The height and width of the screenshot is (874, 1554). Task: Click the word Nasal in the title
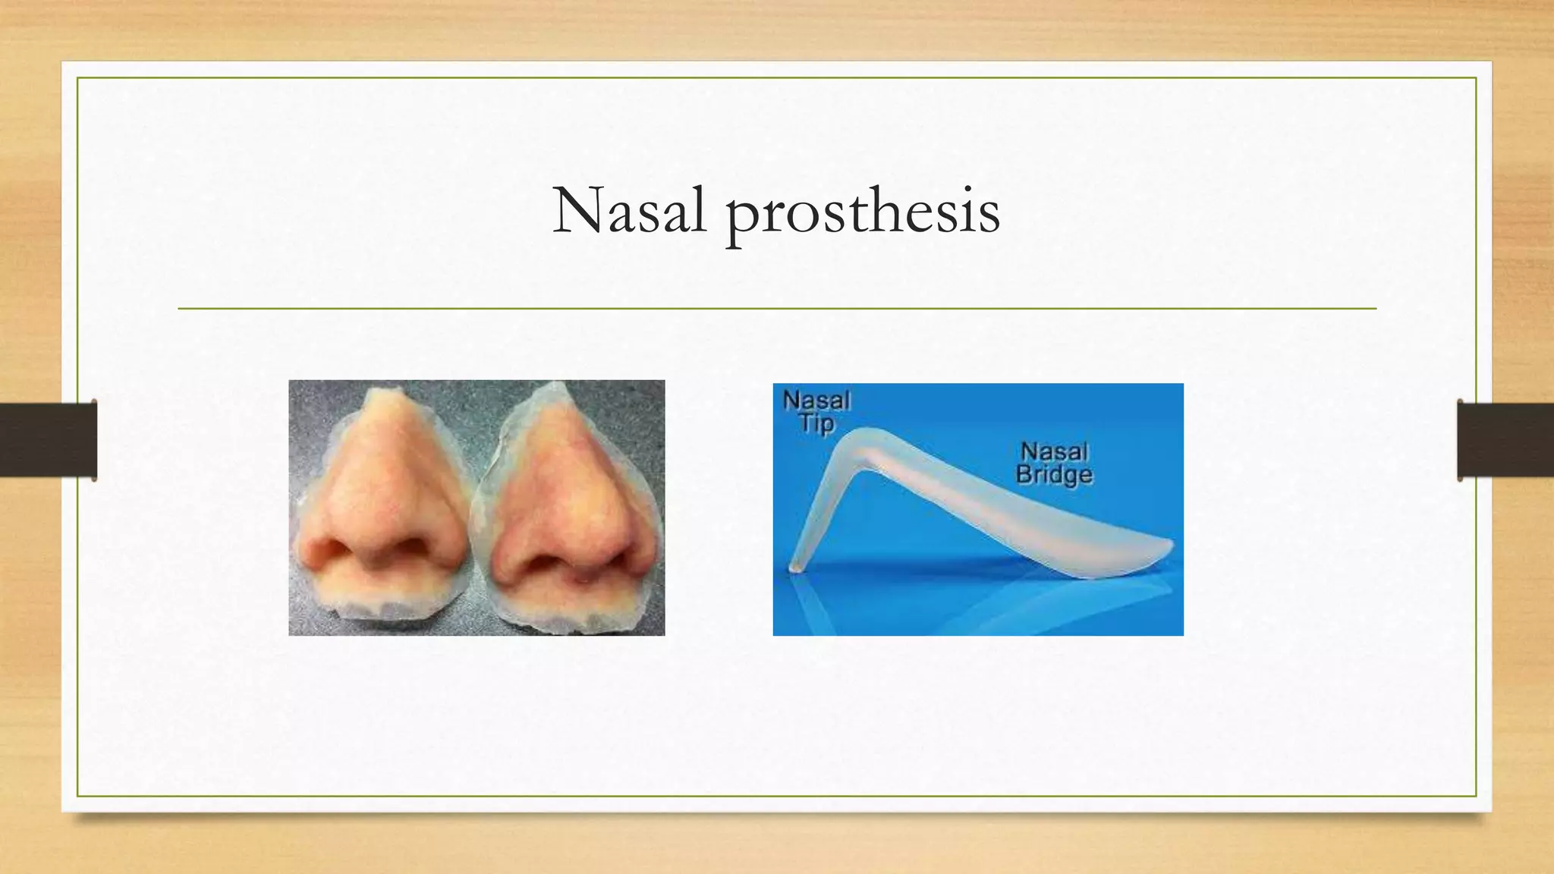coord(629,211)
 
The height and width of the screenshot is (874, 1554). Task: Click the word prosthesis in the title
coord(863,213)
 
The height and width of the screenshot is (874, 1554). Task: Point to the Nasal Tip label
coord(816,410)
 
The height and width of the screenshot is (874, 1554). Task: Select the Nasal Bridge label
coord(1055,463)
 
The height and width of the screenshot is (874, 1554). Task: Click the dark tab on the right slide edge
coord(1505,440)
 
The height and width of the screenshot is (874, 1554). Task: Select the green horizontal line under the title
coord(777,309)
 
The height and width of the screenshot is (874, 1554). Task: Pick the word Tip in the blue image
coord(816,423)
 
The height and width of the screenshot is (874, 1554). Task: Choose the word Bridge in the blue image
coord(1055,475)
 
